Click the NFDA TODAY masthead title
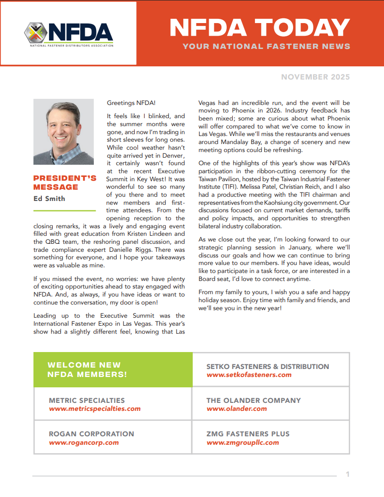260,28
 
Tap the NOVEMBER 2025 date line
315,77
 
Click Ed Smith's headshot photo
64,131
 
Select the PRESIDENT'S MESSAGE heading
65,182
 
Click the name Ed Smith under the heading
49,198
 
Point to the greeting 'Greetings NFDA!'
131,103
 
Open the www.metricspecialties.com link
95,409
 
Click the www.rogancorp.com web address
84,442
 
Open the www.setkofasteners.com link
249,375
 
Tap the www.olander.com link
237,409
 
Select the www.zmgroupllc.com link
243,442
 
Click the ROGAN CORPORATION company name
91,433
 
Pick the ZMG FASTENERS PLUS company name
248,433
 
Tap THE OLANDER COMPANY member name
253,400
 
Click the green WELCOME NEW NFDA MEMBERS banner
113,369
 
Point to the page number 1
348,474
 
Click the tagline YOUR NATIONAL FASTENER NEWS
266,46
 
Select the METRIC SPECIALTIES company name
87,400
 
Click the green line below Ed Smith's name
65,210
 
